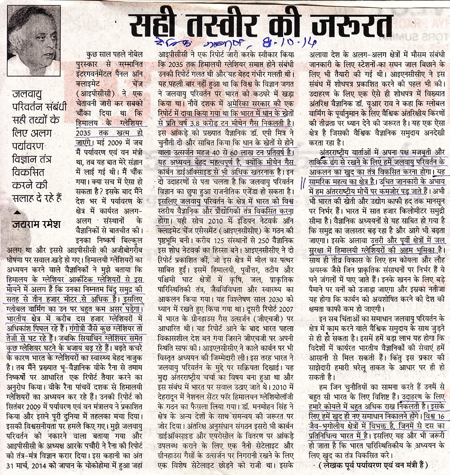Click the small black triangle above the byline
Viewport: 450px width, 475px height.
[x=17, y=212]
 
